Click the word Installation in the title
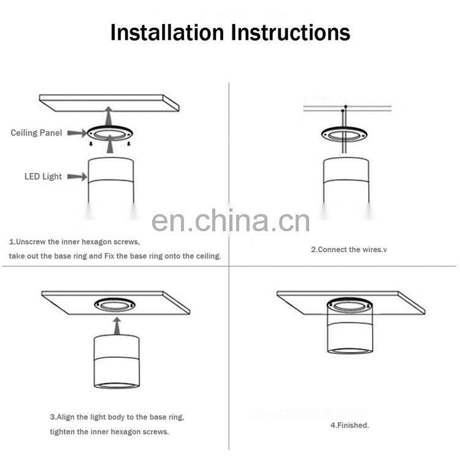[167, 32]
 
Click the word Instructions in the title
[291, 32]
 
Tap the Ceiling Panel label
[36, 133]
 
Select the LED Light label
[43, 177]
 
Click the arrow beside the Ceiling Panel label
[77, 133]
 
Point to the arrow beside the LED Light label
[77, 177]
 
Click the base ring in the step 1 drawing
[110, 128]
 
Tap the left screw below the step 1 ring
[91, 144]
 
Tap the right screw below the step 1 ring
[129, 144]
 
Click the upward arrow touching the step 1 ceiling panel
[109, 117]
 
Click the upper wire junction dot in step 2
[346, 107]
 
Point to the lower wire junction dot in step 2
[342, 110]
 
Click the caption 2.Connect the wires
[349, 250]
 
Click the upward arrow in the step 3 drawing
[117, 326]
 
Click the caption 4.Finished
[350, 425]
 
